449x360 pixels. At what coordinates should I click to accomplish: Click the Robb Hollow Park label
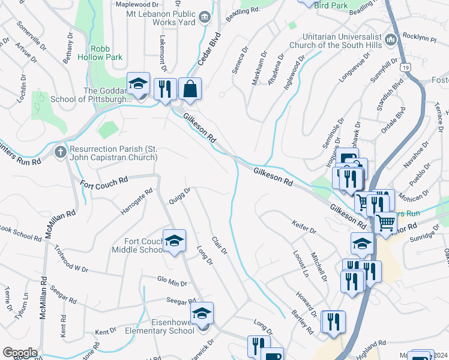106,53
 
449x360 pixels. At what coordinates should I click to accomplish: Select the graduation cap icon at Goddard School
139,85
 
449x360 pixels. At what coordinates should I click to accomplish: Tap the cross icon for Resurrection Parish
60,151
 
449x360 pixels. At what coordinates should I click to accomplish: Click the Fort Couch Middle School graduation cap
174,241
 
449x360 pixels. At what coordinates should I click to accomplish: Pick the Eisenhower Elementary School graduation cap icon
202,313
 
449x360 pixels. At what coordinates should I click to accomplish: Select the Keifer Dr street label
304,229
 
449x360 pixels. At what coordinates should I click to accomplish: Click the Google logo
20,353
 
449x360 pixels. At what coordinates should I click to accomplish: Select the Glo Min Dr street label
172,282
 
